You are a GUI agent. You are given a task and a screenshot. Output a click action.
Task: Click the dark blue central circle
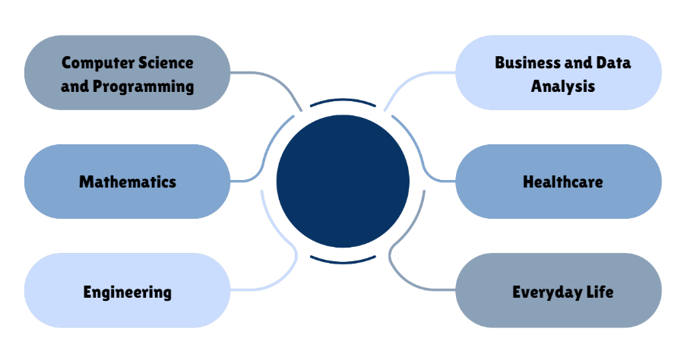coord(343,181)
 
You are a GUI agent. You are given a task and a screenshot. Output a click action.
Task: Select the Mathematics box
coord(127,182)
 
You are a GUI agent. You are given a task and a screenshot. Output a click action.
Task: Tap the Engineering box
coord(127,292)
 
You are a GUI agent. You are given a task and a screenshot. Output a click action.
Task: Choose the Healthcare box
coord(559,182)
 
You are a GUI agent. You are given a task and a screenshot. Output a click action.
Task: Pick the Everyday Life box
coord(559,292)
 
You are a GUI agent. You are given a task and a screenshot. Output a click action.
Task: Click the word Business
coord(527,62)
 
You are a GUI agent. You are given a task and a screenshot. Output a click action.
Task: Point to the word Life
coord(598,292)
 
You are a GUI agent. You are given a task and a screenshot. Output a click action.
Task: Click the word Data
coord(613,62)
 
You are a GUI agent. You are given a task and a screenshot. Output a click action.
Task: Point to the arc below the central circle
coord(343,260)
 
